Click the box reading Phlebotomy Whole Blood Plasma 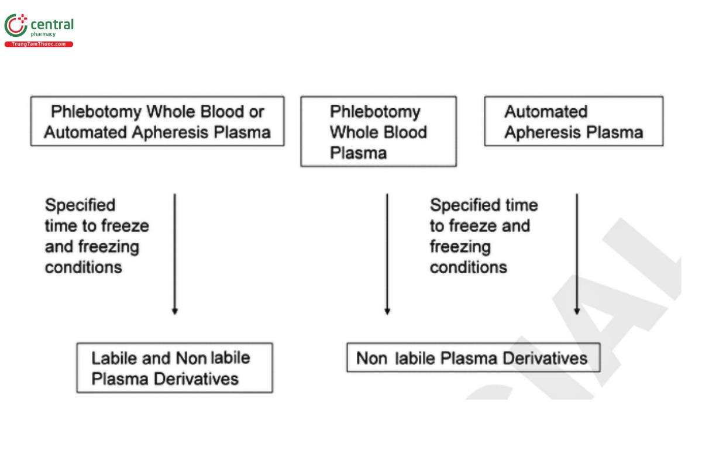(x=378, y=132)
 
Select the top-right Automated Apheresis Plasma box (x=573, y=121)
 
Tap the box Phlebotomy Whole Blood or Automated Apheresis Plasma (x=157, y=121)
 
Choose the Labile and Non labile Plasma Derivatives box (x=174, y=367)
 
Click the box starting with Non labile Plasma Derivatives (x=473, y=357)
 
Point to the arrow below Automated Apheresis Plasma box (x=577, y=254)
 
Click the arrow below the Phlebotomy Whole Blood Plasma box (x=387, y=254)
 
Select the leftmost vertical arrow (x=174, y=254)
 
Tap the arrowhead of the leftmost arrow (x=174, y=311)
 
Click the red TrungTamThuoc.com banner (x=39, y=44)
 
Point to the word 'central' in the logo (x=52, y=25)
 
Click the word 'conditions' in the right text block (x=468, y=267)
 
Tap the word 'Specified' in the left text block (x=80, y=205)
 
